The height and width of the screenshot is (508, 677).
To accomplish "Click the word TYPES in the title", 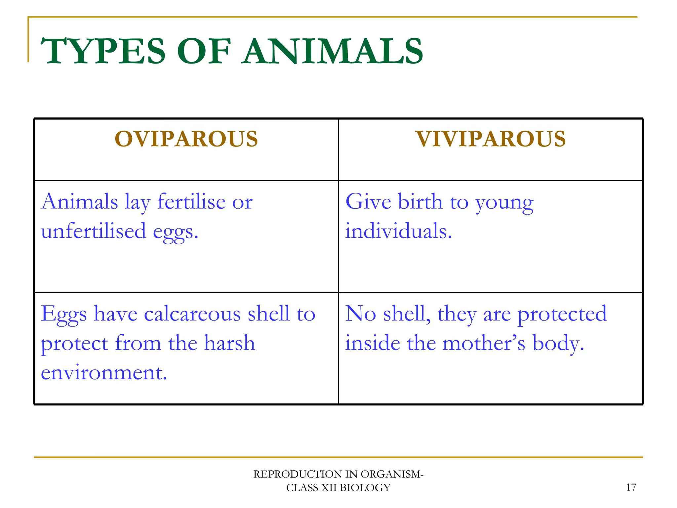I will point(102,51).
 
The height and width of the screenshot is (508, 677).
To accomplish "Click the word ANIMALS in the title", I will point(332,51).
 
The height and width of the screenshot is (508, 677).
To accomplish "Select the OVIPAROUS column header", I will point(186,139).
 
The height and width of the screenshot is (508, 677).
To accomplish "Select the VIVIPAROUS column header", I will point(491,139).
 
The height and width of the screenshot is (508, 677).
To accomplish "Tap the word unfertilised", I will point(94,231).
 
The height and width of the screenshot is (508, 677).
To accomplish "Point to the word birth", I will point(420,201).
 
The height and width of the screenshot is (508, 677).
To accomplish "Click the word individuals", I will point(398,231).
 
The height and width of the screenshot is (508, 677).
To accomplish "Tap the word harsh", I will point(229,343).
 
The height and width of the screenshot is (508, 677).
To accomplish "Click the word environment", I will point(104,373).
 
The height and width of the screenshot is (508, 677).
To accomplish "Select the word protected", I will point(562,314).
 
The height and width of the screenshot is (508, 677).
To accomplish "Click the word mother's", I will point(484,343).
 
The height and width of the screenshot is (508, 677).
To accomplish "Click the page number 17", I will point(631,487).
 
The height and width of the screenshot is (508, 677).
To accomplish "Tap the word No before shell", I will point(360,314).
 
